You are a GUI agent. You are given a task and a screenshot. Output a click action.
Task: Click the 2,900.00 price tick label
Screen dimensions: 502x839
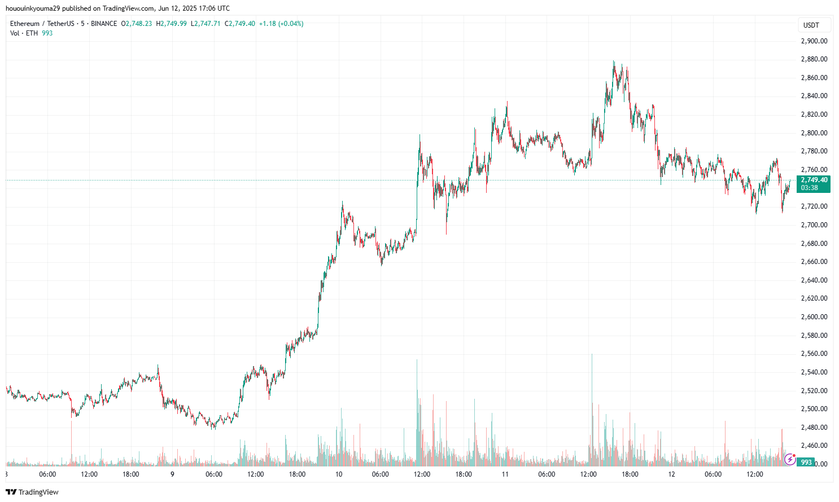point(814,41)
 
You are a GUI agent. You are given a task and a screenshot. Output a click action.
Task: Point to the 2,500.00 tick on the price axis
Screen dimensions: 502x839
point(814,409)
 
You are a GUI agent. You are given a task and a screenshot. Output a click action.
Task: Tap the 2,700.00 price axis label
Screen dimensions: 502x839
point(814,225)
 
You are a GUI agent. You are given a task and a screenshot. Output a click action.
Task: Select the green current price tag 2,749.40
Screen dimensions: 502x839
point(814,180)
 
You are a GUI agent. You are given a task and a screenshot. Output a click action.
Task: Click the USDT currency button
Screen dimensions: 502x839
point(811,25)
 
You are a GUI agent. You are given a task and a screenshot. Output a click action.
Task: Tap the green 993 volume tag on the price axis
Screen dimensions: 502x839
point(806,463)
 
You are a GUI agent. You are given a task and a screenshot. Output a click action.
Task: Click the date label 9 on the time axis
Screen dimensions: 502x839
point(172,474)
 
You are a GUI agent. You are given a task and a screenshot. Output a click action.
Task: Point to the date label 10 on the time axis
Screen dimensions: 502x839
point(339,474)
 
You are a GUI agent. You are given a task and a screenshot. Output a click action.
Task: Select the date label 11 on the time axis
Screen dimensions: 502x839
point(505,474)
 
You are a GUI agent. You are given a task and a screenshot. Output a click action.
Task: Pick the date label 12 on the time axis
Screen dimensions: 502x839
point(671,474)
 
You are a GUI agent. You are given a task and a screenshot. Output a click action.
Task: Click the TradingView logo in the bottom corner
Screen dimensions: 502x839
point(32,492)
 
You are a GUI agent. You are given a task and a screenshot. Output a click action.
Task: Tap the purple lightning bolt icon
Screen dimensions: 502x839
point(790,460)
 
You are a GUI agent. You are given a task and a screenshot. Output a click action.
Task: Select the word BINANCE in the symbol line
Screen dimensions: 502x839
point(104,24)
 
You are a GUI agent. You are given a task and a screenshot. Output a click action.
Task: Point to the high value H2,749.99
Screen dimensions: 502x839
point(171,24)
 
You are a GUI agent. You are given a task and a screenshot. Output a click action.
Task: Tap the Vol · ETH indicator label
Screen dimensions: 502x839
point(24,33)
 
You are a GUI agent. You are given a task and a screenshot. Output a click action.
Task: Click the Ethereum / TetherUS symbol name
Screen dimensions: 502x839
point(42,24)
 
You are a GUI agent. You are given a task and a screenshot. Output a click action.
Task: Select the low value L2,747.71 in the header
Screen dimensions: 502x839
point(206,24)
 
